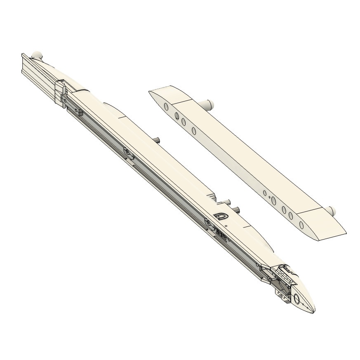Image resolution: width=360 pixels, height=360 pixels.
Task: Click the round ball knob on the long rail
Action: tap(37, 54)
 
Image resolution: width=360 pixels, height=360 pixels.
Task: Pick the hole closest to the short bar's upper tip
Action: tap(166, 107)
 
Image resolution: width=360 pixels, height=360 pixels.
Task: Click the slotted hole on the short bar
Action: tap(273, 200)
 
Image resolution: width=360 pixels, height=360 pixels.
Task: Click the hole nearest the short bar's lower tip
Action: tap(301, 225)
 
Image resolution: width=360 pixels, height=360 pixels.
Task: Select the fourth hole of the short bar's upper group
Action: tap(194, 131)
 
